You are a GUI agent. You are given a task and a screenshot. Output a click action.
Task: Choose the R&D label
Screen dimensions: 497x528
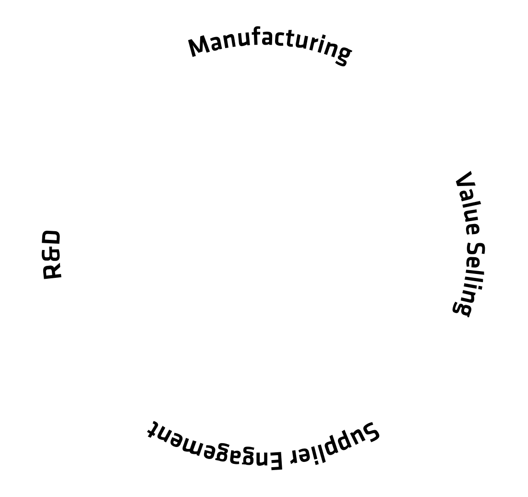pyautogui.click(x=52, y=255)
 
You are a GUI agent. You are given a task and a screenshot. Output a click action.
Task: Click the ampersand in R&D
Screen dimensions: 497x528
pyautogui.click(x=52, y=255)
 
